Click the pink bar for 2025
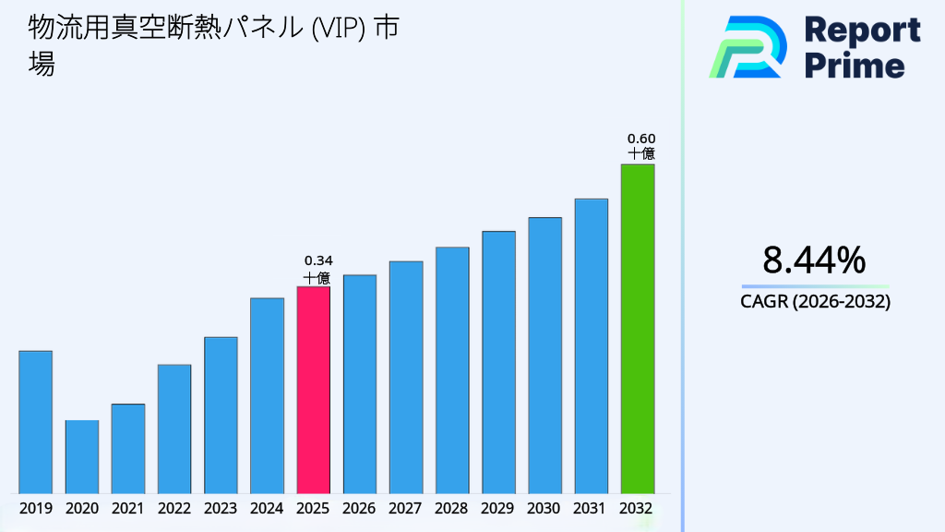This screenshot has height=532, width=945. (313, 390)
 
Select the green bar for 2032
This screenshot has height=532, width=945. (637, 329)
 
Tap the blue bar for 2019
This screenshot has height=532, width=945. (35, 422)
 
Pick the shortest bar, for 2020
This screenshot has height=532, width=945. (81, 456)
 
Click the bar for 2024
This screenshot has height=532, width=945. (267, 395)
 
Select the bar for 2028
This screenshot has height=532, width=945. (452, 369)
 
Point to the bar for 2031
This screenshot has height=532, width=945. (591, 345)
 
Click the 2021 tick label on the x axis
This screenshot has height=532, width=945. (127, 508)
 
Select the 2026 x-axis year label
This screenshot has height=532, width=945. (359, 508)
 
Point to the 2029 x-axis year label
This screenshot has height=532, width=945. (498, 508)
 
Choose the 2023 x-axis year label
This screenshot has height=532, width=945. (221, 508)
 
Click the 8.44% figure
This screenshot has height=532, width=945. (814, 260)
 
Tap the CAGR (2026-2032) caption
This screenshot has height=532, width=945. (815, 301)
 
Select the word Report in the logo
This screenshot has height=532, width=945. (862, 30)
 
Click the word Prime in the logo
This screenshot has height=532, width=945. (855, 66)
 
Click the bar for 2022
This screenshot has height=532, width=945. (174, 429)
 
